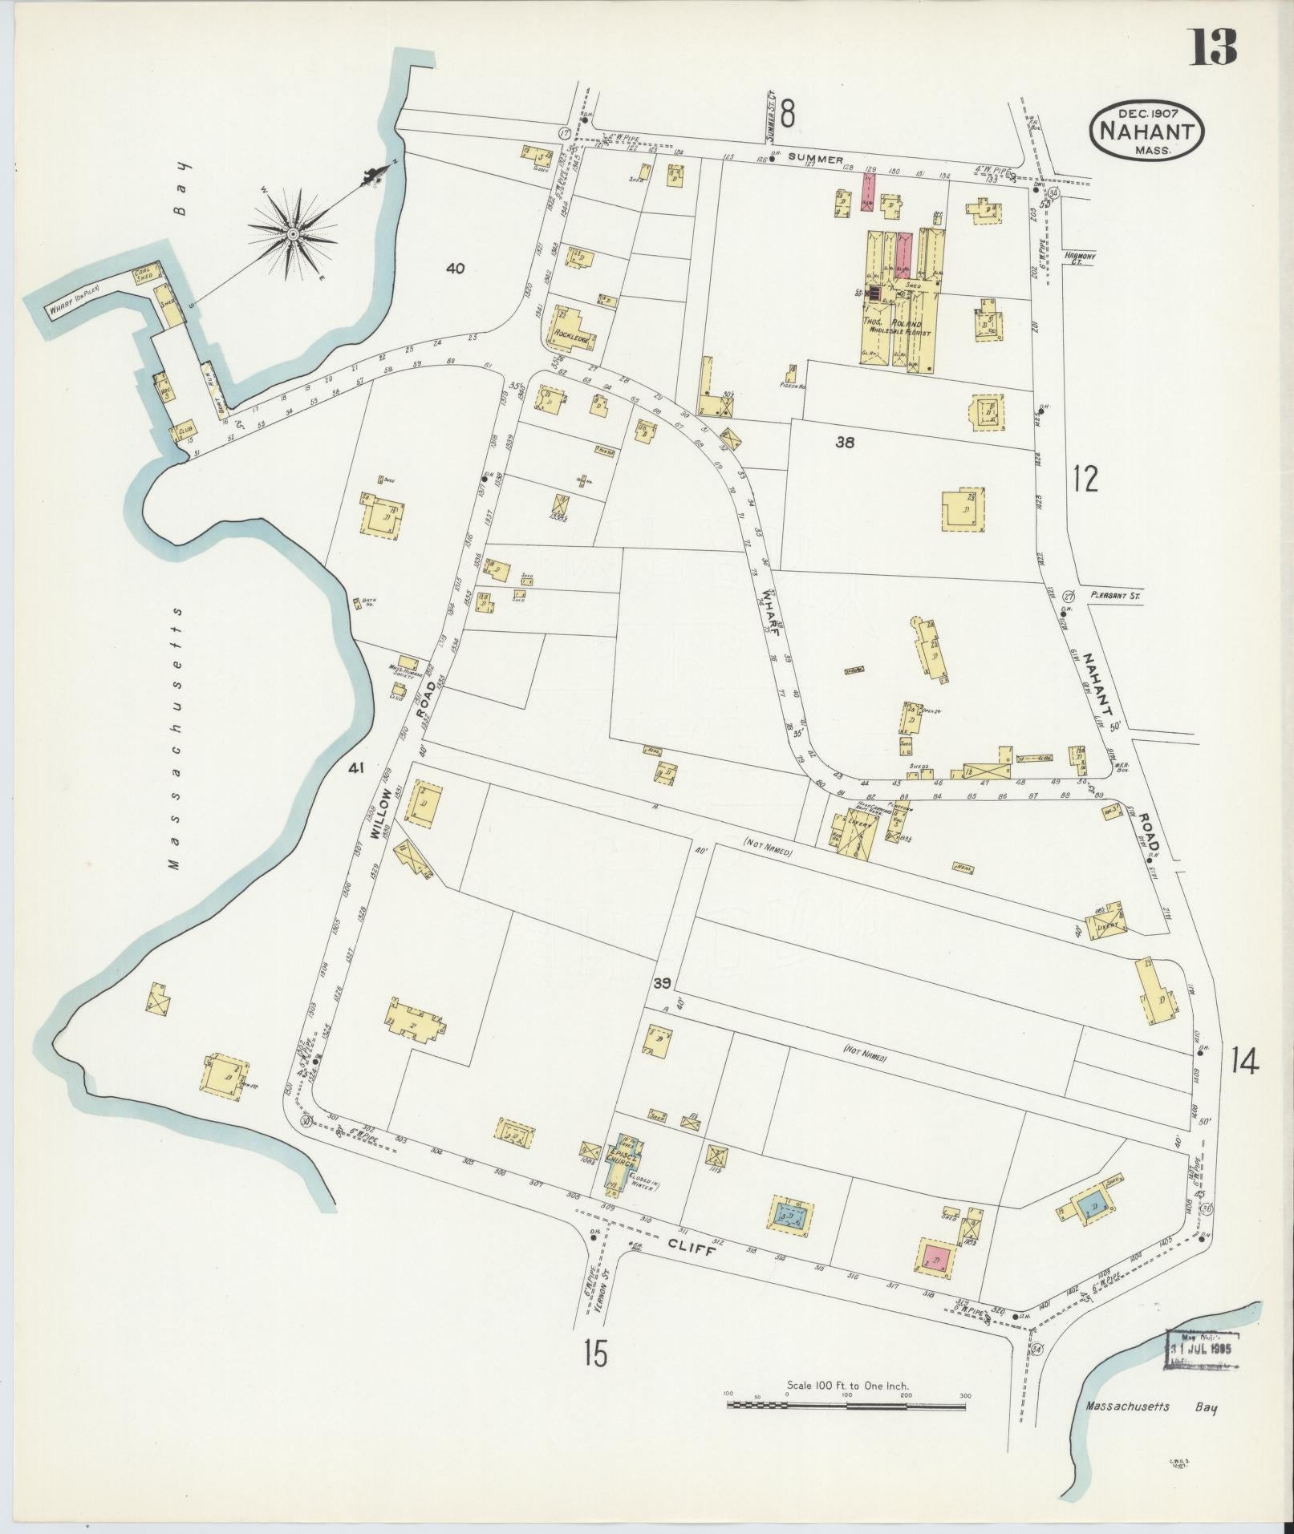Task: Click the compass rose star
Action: tap(293, 233)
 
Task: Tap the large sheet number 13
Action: tap(1212, 49)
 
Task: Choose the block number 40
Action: tap(455, 269)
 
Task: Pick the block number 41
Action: tap(356, 768)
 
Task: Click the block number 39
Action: tap(661, 985)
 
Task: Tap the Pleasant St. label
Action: tap(1114, 596)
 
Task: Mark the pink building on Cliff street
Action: tap(935, 1257)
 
